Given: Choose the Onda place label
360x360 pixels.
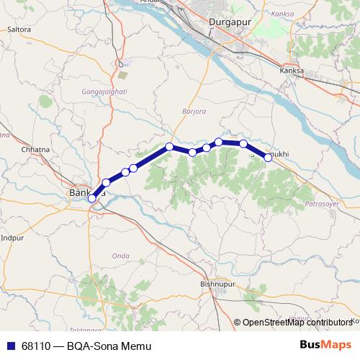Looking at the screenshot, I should pos(120,256).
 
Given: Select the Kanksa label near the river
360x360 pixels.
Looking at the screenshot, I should pos(293,72).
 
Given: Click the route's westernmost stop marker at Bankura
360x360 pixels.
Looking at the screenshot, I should pos(92,199).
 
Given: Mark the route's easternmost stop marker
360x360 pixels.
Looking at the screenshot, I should pos(268,158).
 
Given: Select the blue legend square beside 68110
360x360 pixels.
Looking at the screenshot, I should pos(10,346).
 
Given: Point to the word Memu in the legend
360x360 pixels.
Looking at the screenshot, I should pos(138,346).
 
